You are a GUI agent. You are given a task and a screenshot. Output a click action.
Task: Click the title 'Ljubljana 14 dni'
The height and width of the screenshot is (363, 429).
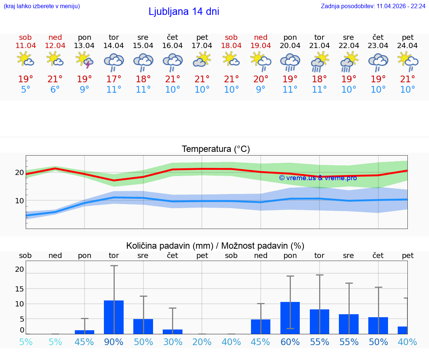coord(184,12)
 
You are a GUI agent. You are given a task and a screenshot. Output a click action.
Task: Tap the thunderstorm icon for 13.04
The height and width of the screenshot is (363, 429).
coord(85,60)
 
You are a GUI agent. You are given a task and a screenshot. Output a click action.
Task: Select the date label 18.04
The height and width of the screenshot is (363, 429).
coord(231,46)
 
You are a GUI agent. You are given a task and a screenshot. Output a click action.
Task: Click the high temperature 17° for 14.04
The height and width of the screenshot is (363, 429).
coord(114,79)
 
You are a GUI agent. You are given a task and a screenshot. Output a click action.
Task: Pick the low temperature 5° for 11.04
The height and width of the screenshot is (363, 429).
coord(25,90)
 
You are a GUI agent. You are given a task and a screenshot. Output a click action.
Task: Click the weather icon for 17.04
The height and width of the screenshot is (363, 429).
coord(202,60)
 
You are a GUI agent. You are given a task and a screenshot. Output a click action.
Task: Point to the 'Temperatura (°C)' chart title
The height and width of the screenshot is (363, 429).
coord(216,149)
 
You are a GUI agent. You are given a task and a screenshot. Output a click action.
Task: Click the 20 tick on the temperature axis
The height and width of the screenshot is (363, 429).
coord(19,172)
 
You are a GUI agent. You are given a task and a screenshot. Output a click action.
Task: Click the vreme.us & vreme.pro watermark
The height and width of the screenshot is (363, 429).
coord(318,178)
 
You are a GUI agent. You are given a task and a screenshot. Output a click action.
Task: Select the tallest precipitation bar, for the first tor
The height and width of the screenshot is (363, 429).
coord(114,317)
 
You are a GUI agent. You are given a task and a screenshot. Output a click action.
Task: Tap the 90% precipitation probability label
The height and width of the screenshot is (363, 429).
coord(114,342)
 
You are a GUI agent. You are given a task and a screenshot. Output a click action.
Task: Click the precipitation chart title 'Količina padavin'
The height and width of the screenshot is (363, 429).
coord(215,246)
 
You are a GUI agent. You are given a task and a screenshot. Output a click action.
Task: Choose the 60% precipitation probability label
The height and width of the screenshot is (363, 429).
coord(290,342)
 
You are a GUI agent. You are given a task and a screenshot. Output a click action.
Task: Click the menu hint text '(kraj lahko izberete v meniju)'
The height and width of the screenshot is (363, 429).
coord(41,6)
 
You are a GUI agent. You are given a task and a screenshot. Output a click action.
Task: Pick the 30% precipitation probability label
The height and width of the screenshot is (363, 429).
coord(172,342)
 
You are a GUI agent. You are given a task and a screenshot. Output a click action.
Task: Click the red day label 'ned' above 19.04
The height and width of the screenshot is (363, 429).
coord(261,37)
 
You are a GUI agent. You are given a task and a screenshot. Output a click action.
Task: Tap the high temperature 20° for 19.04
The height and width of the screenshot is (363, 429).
coord(261,79)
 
